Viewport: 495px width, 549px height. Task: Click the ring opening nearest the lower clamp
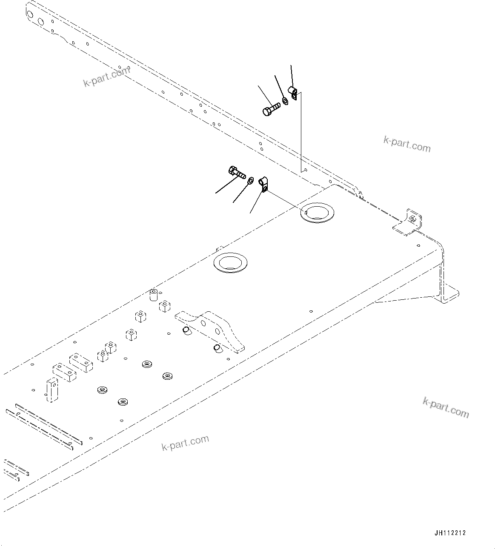click(317, 211)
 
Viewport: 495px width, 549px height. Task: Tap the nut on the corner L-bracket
click(412, 219)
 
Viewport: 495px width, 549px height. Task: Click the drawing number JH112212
click(450, 533)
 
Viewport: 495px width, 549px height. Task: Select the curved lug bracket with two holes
click(211, 327)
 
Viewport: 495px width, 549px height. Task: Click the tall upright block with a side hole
click(52, 390)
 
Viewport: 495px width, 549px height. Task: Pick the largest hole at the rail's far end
click(40, 21)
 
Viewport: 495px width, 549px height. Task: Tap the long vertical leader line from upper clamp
click(301, 132)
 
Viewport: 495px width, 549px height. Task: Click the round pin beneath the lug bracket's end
click(217, 348)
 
